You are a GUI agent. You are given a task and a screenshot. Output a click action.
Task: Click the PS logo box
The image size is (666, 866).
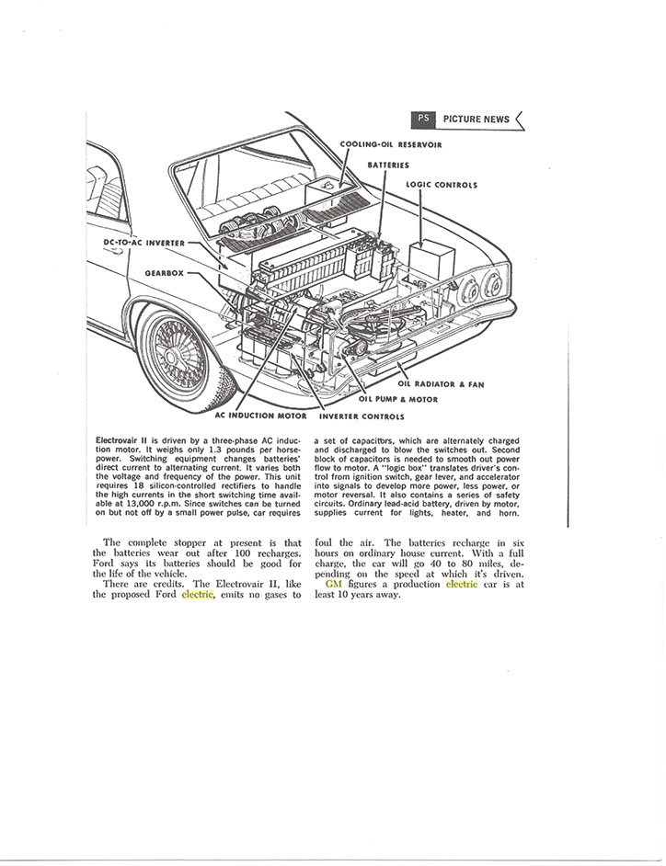(422, 119)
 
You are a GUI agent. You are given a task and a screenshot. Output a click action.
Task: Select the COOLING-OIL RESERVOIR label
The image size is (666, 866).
(391, 144)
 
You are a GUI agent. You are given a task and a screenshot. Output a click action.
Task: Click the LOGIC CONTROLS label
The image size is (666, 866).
(442, 185)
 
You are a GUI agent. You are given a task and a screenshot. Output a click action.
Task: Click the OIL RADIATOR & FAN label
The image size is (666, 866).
(441, 384)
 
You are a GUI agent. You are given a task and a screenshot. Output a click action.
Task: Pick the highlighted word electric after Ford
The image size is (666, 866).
(197, 595)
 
